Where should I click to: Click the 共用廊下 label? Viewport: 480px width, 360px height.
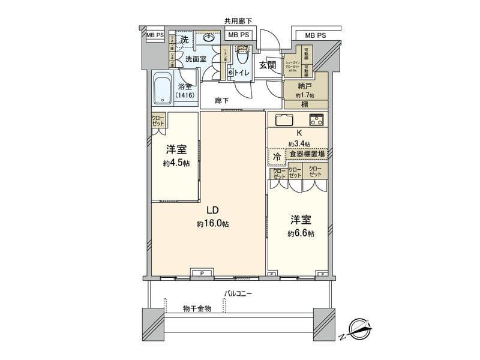click(238, 21)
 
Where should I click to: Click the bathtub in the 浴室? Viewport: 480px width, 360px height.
click(161, 89)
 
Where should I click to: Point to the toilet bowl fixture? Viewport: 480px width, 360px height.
click(242, 58)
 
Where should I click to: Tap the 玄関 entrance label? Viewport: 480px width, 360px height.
click(267, 65)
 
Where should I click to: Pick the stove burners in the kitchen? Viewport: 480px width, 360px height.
click(316, 119)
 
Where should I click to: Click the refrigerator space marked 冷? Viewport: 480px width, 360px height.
click(277, 156)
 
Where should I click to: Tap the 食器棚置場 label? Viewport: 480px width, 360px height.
click(306, 154)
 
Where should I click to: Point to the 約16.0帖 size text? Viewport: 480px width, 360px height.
click(212, 224)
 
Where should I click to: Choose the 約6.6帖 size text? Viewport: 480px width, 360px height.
click(300, 233)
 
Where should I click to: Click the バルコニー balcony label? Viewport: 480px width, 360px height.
click(238, 294)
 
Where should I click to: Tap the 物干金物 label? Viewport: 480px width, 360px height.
click(197, 308)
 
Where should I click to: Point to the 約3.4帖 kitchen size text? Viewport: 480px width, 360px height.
click(298, 144)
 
